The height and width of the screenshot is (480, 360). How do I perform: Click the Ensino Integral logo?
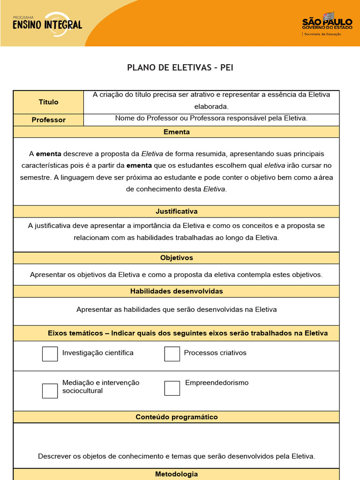[x=47, y=23]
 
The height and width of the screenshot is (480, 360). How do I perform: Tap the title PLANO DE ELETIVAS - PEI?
[x=180, y=67]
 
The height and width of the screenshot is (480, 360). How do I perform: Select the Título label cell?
[x=48, y=102]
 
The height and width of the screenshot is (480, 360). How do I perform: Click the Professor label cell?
[x=48, y=120]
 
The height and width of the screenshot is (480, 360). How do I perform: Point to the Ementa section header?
[x=176, y=132]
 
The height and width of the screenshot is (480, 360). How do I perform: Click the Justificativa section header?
[x=176, y=211]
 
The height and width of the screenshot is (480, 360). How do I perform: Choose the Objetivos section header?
[x=176, y=258]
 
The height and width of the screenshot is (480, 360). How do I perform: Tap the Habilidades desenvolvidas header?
[x=176, y=291]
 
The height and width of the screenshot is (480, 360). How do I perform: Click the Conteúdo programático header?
[x=176, y=417]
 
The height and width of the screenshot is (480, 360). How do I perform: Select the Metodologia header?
[x=176, y=474]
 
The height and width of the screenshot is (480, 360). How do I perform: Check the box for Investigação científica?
[x=50, y=354]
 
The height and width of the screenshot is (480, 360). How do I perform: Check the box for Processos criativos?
[x=172, y=354]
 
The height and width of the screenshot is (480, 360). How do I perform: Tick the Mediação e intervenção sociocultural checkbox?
[x=50, y=390]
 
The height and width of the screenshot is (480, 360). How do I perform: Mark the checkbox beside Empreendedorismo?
[x=172, y=388]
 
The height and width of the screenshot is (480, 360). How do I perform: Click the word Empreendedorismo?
[x=217, y=382]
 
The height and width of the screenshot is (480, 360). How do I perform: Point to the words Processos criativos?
[x=215, y=352]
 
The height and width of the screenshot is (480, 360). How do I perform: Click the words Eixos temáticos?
[x=75, y=333]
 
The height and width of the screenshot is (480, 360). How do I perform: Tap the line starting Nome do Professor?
[x=211, y=118]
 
